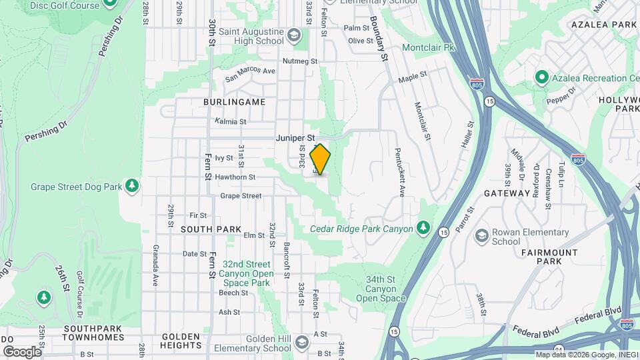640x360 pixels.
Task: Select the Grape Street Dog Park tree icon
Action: coord(132,185)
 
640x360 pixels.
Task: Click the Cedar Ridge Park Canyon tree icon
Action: coord(423,228)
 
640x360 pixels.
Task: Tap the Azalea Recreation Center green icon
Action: coord(541,77)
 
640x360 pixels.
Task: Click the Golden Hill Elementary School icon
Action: coord(301,343)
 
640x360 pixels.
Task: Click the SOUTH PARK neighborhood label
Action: coord(211,229)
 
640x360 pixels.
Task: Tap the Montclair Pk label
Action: coord(429,48)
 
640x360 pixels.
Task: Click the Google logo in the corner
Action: coord(22,351)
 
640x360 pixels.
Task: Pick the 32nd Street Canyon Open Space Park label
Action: coord(247,273)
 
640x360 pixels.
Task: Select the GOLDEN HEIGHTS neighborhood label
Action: coord(181,341)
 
